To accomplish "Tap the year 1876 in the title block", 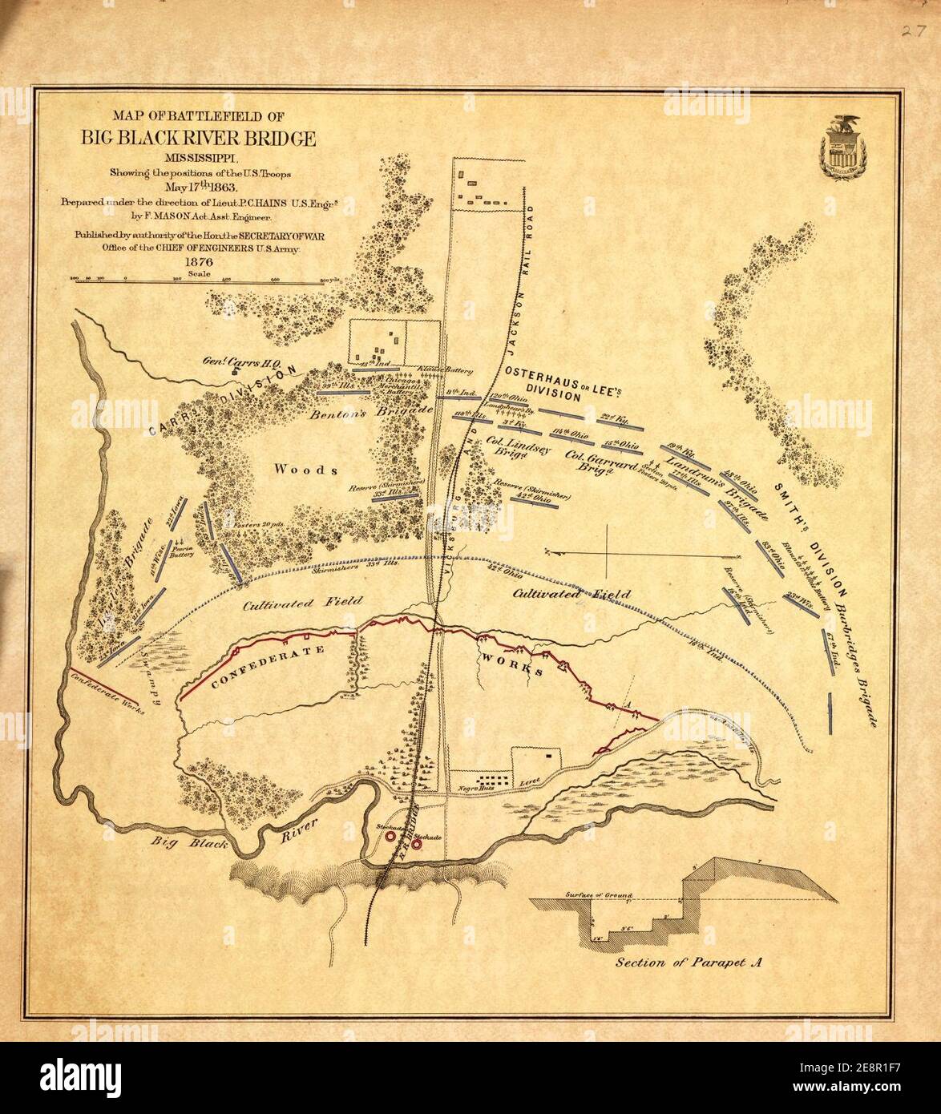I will coord(198,261).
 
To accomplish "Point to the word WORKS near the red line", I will coord(513,663).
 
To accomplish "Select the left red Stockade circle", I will coord(390,835).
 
